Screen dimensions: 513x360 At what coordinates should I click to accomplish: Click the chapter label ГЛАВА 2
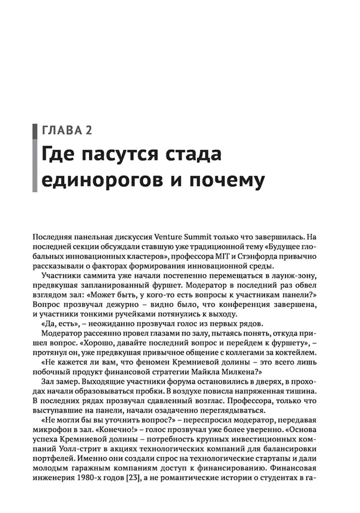67,130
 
